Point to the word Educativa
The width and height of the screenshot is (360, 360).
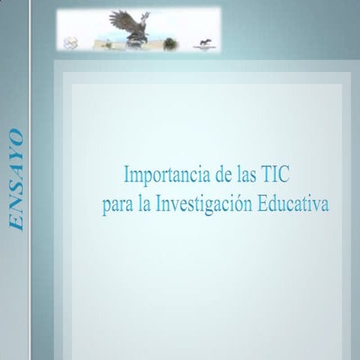pyautogui.click(x=292, y=205)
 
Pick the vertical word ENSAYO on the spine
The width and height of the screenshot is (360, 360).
pyautogui.click(x=16, y=180)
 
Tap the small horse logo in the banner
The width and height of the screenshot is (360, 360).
pyautogui.click(x=204, y=43)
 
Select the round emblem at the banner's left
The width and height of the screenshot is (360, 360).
pyautogui.click(x=70, y=42)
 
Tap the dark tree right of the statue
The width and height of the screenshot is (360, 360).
pyautogui.click(x=170, y=43)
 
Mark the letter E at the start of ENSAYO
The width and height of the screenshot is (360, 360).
pyautogui.click(x=16, y=222)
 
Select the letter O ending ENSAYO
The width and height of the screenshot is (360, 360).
pyautogui.click(x=16, y=137)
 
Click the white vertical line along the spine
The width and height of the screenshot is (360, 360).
pyautogui.click(x=30, y=180)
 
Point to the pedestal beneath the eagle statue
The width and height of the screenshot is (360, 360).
pyautogui.click(x=136, y=41)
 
